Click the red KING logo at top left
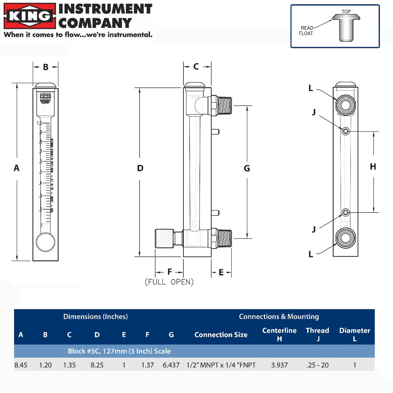pyautogui.click(x=30, y=16)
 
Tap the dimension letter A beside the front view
pyautogui.click(x=16, y=168)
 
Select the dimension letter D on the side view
pyautogui.click(x=140, y=168)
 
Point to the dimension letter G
pyautogui.click(x=247, y=169)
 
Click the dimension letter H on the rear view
pyautogui.click(x=373, y=167)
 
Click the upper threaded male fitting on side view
pyautogui.click(x=224, y=106)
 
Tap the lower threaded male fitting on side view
pyautogui.click(x=224, y=238)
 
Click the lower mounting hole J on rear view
pyautogui.click(x=345, y=213)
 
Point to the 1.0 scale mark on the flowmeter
pyautogui.click(x=39, y=123)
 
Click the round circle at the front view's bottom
pyautogui.click(x=45, y=242)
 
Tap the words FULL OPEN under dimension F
pyautogui.click(x=169, y=282)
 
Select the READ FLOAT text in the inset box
pyautogui.click(x=306, y=31)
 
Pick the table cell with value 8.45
pyautogui.click(x=21, y=365)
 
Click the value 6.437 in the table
pyautogui.click(x=171, y=365)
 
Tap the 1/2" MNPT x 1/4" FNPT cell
pyautogui.click(x=221, y=365)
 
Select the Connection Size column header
pyautogui.click(x=221, y=335)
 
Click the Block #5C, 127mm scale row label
pyautogui.click(x=119, y=351)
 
